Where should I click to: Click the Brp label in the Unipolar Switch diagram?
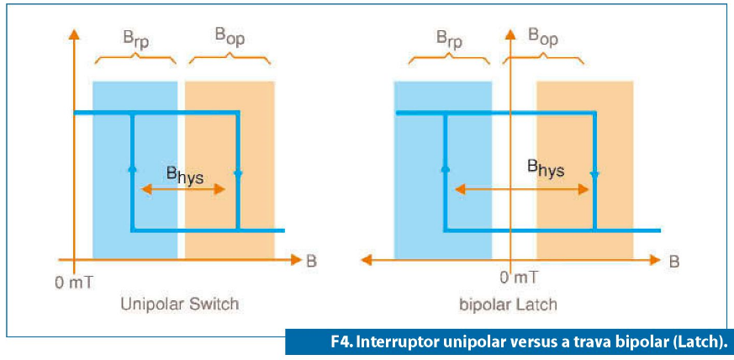pyautogui.click(x=135, y=40)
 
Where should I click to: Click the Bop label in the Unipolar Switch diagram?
pyautogui.click(x=230, y=37)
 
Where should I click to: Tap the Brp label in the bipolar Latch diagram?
pyautogui.click(x=449, y=40)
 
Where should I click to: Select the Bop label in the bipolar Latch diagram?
pyautogui.click(x=542, y=37)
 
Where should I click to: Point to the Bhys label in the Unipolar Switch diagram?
pyautogui.click(x=185, y=175)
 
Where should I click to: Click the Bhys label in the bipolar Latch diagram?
pyautogui.click(x=546, y=169)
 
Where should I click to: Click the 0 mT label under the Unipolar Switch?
pyautogui.click(x=75, y=283)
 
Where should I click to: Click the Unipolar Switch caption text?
pyautogui.click(x=180, y=304)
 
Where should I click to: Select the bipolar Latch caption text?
pyautogui.click(x=508, y=304)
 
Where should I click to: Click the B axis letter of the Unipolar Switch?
pyautogui.click(x=312, y=262)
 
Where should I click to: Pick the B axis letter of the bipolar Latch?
pyautogui.click(x=673, y=262)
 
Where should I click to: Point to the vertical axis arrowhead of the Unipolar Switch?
pyautogui.click(x=73, y=34)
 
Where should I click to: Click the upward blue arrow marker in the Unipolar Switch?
pyautogui.click(x=132, y=168)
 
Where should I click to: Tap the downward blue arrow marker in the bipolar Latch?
pyautogui.click(x=594, y=174)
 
